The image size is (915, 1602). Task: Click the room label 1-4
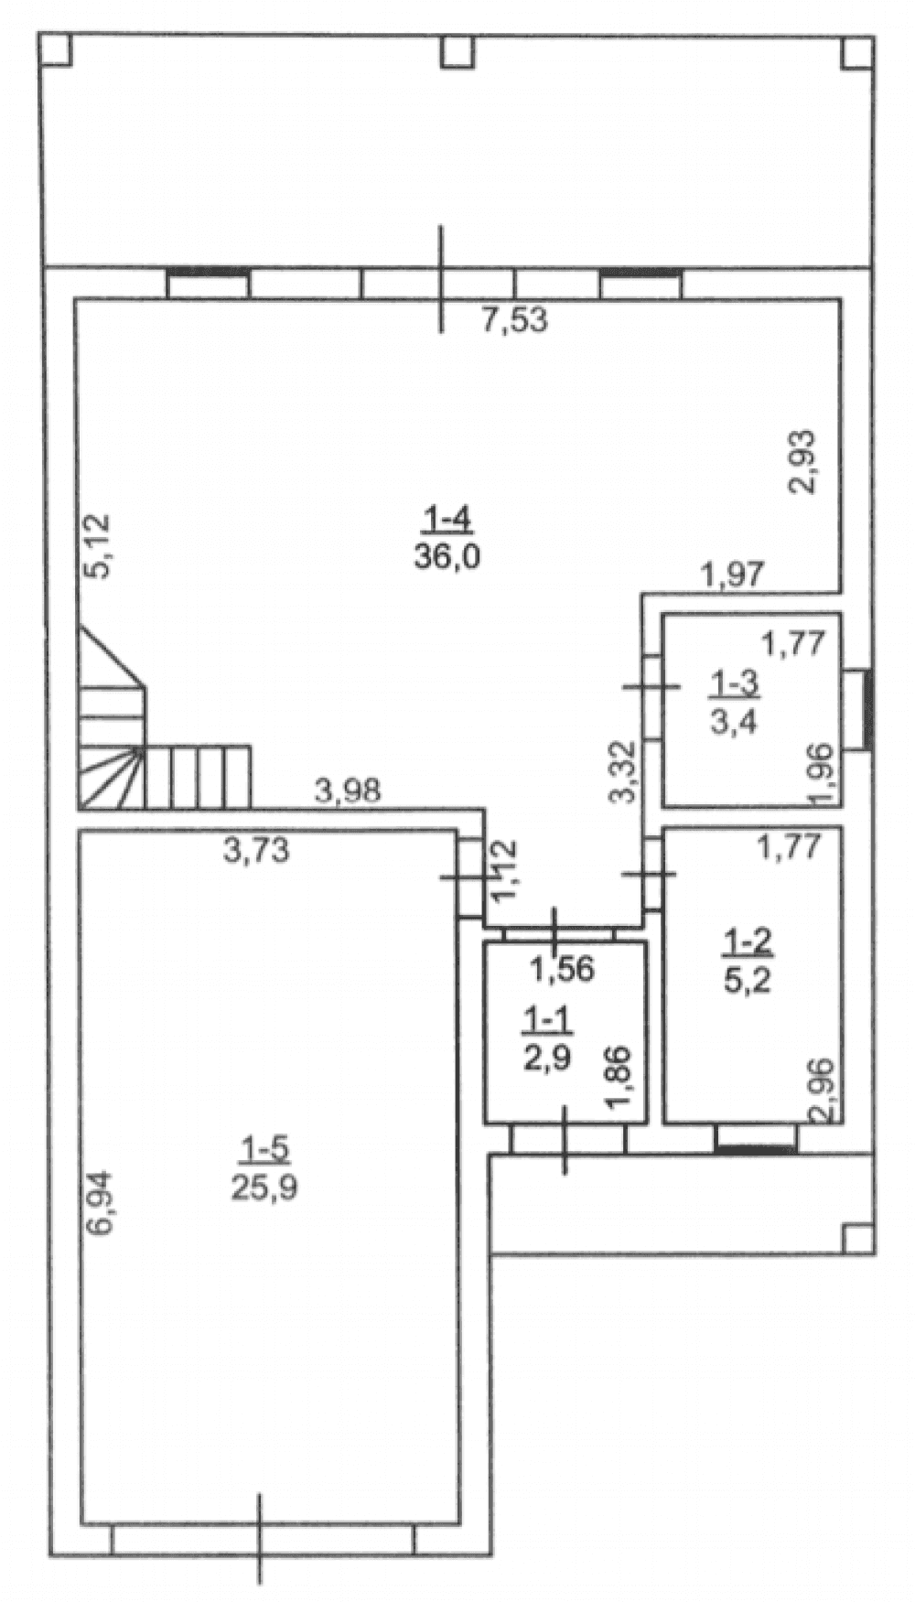(447, 521)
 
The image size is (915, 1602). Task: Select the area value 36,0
(447, 556)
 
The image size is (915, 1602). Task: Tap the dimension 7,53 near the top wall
(514, 320)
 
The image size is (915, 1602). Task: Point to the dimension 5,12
(97, 545)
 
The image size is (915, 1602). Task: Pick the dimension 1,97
(732, 575)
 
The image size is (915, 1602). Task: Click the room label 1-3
(736, 682)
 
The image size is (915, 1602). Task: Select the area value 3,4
(734, 720)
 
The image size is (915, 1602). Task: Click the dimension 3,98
(348, 790)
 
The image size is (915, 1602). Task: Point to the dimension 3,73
(256, 850)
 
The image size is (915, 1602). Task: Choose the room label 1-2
(748, 940)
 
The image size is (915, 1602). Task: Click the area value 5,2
(747, 980)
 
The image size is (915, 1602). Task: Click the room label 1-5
(264, 1147)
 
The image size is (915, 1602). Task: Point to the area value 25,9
(264, 1187)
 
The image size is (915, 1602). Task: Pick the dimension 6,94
(99, 1203)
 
